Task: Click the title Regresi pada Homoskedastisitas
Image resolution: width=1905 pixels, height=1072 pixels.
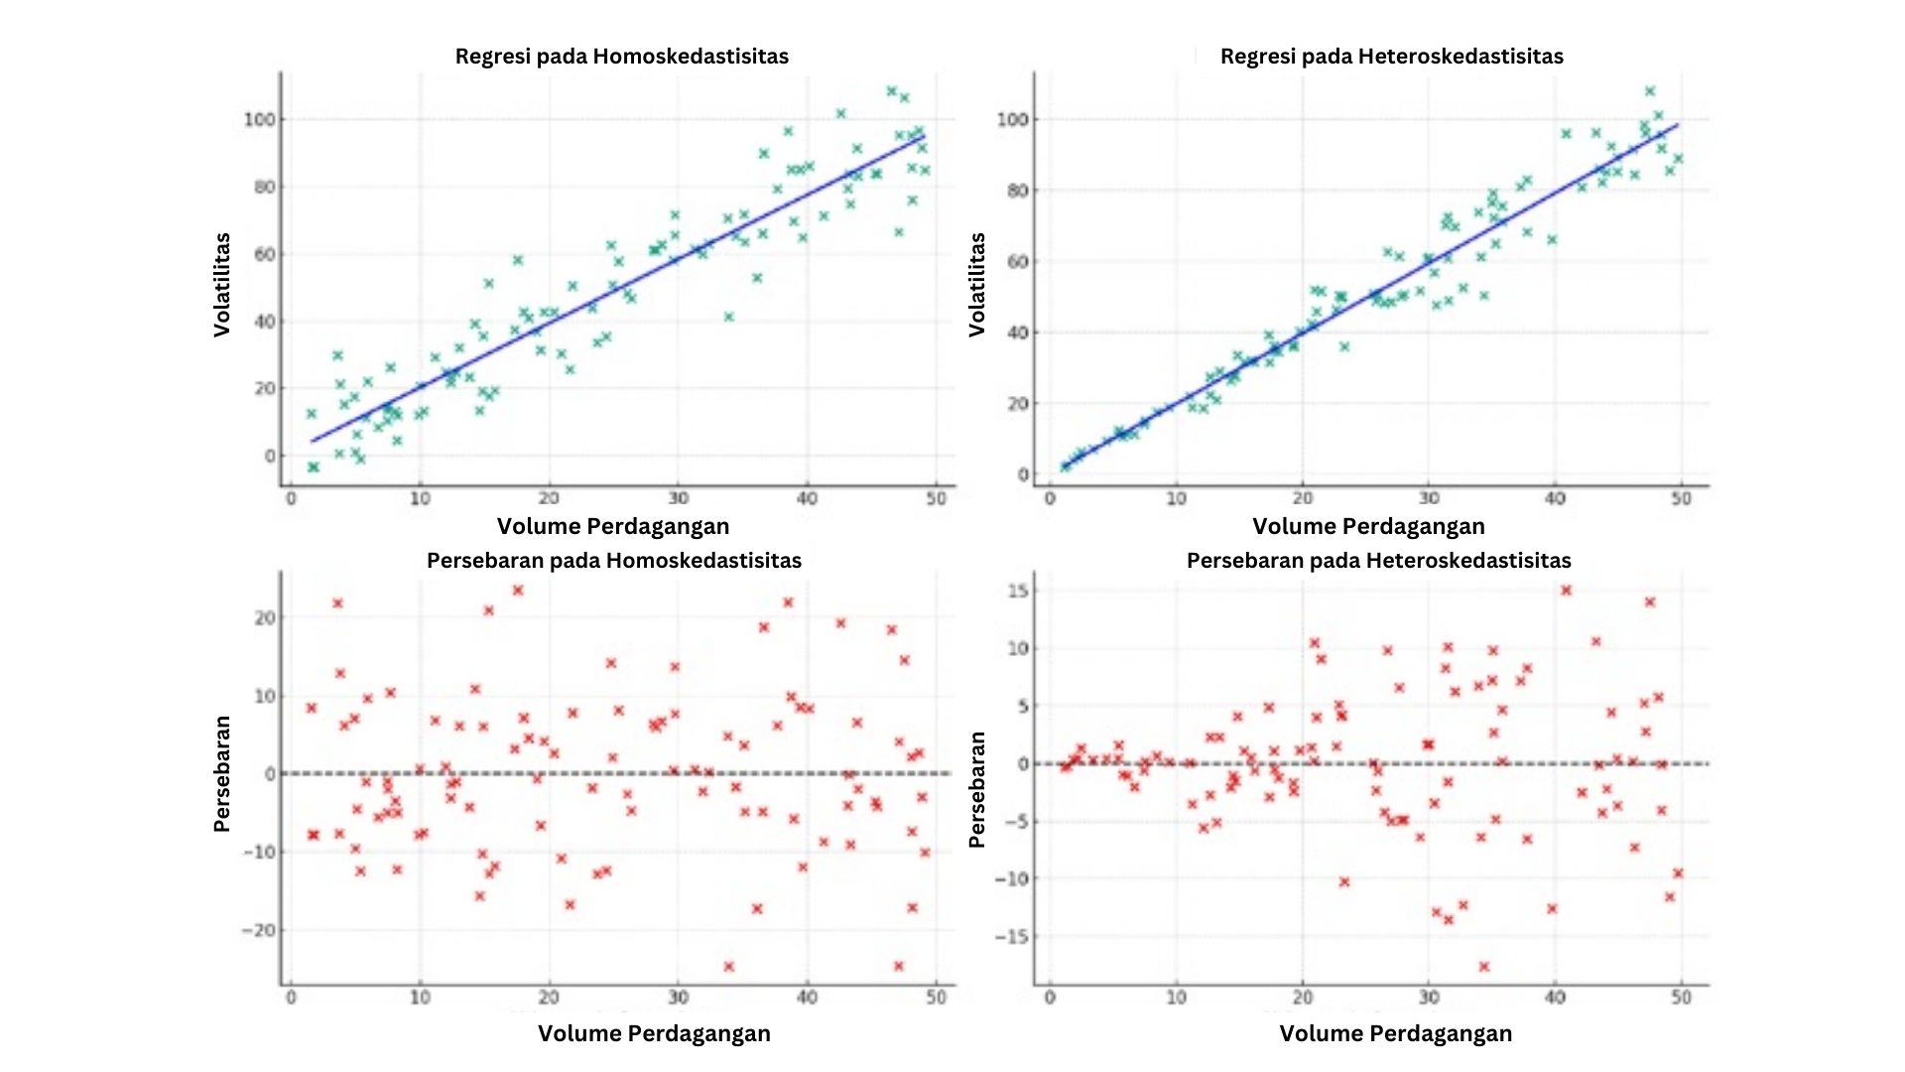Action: tap(621, 57)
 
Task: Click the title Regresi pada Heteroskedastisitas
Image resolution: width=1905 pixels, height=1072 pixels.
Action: tap(1391, 57)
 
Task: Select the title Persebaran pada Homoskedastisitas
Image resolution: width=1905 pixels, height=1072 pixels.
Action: tap(613, 561)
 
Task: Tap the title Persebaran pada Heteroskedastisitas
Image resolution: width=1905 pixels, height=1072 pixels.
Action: tap(1378, 561)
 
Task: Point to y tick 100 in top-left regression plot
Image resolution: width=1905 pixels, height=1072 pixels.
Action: tap(259, 120)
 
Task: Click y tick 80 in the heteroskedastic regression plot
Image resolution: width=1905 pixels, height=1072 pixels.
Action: tap(1017, 191)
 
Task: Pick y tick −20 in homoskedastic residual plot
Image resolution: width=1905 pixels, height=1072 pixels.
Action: tap(258, 931)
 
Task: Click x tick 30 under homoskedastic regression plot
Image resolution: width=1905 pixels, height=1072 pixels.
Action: tap(678, 498)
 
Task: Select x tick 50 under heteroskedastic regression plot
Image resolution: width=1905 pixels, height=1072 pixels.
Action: tap(1681, 498)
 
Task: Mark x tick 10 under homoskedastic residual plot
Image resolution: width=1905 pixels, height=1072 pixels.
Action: tap(420, 997)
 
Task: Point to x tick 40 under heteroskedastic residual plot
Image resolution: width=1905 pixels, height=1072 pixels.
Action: tap(1555, 997)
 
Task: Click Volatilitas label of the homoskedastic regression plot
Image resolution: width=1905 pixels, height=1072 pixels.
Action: tap(222, 285)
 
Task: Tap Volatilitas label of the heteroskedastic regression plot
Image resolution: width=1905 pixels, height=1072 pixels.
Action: tap(977, 285)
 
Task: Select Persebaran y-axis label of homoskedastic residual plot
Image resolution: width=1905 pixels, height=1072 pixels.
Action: tap(222, 774)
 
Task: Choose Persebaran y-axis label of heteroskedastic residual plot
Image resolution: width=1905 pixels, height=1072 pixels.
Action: tap(977, 789)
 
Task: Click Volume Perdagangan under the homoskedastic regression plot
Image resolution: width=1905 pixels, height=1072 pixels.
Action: tap(612, 526)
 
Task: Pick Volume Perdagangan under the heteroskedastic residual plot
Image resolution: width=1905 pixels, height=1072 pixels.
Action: tap(1395, 1033)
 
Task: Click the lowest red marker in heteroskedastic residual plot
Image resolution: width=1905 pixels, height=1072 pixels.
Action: tap(1484, 966)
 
